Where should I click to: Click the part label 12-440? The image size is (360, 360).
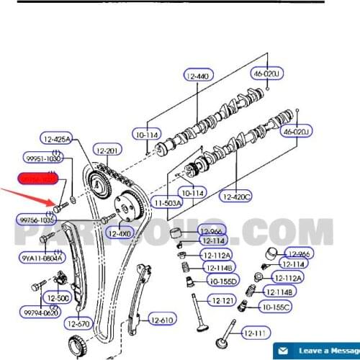pos(198,76)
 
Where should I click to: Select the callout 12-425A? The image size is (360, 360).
pos(56,139)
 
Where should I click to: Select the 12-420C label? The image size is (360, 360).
pos(236,196)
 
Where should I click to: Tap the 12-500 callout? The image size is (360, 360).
pos(58,297)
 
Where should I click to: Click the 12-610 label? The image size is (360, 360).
pos(163,320)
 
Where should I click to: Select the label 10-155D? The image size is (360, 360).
pos(223,280)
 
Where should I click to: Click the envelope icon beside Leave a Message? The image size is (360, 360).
pos(284,350)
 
